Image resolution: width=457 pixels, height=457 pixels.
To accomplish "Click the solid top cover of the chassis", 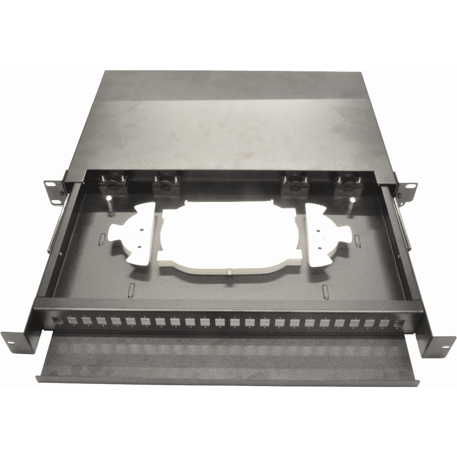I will tap(228, 114).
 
